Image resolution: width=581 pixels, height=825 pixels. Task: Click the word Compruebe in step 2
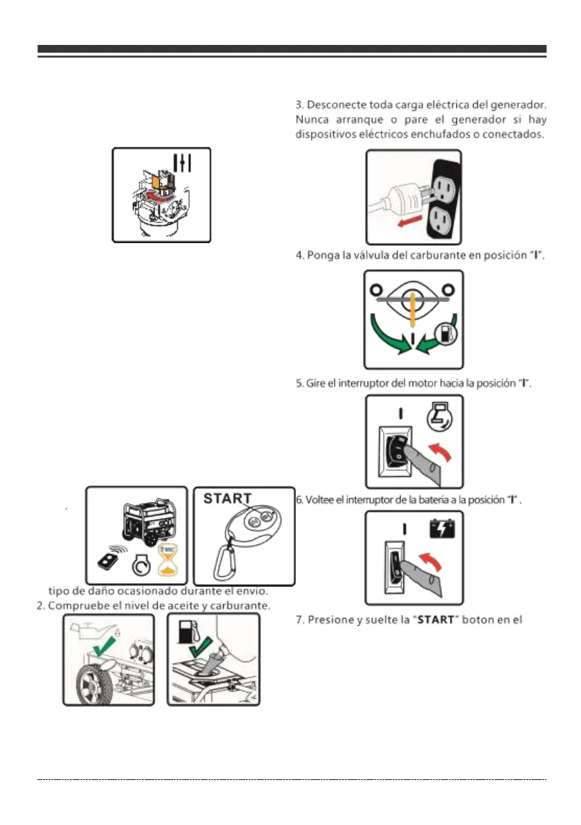click(76, 605)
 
